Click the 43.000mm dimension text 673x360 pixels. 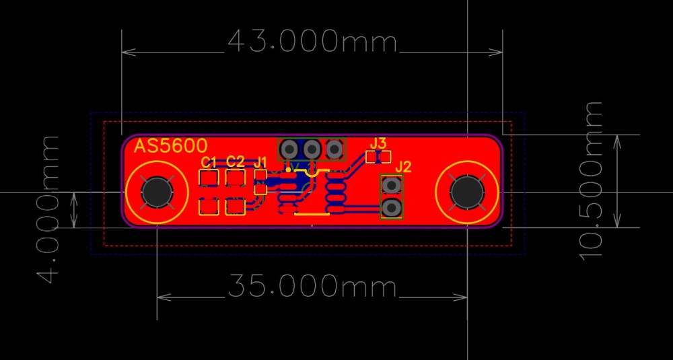(312, 42)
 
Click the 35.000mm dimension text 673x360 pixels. (312, 286)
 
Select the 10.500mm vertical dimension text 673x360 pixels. (592, 181)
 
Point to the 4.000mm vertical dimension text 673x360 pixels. (48, 209)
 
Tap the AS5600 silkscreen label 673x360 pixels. (171, 146)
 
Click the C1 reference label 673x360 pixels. (209, 162)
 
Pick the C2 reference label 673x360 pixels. (235, 161)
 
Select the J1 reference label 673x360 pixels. (260, 162)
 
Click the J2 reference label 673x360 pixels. (403, 166)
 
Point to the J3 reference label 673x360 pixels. (378, 143)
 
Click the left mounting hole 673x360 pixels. (157, 192)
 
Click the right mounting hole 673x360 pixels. (466, 192)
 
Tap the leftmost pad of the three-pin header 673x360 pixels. (289, 149)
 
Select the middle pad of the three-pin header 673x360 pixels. (312, 149)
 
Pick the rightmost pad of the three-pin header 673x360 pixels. (334, 149)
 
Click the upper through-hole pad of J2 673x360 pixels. (391, 185)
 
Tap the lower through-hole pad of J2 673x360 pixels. (391, 208)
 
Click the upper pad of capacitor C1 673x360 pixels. (209, 177)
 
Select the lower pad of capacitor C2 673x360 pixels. (235, 207)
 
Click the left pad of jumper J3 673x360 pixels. (372, 157)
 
